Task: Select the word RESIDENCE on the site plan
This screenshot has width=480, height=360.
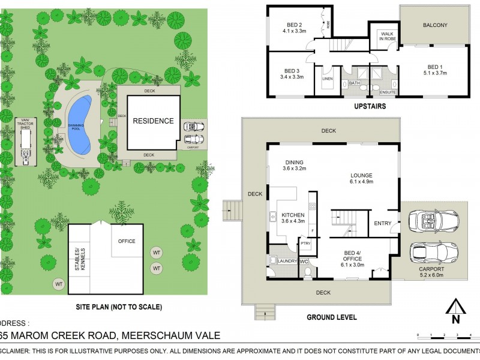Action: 153,121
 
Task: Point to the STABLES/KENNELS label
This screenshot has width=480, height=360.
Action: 79,259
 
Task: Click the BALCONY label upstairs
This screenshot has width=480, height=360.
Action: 435,25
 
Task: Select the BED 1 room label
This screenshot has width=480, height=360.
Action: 434,67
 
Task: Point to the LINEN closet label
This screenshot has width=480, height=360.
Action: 327,79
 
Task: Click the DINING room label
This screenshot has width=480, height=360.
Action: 295,162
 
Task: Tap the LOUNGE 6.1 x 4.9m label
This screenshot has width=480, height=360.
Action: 362,179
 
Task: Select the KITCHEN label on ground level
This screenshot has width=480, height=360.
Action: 293,214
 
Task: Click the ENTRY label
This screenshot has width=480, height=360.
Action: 382,223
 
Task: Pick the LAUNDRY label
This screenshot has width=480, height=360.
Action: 288,261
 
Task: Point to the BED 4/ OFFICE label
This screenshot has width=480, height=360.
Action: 352,256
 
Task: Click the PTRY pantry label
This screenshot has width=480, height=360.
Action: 306,244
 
